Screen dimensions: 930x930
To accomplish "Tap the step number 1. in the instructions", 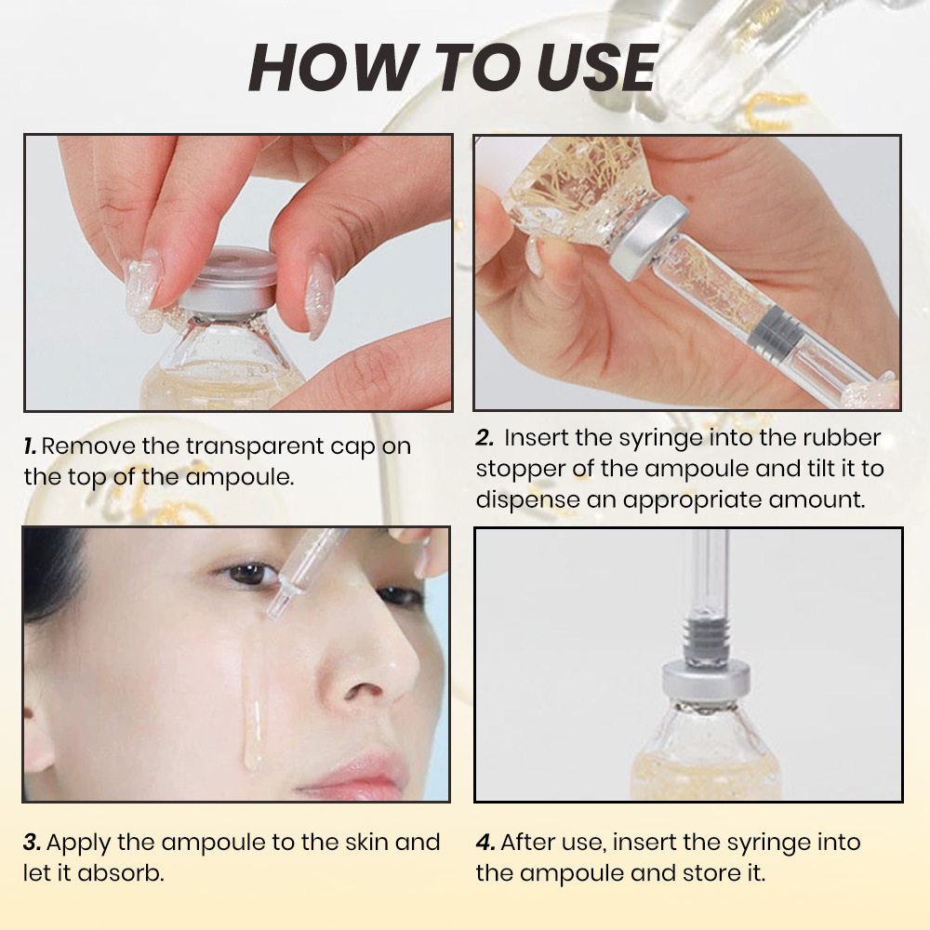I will click(x=30, y=445).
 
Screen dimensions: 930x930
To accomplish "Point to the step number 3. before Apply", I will click(x=32, y=843).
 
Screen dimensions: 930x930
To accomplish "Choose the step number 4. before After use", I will click(x=485, y=843).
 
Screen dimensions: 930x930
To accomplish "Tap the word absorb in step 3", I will click(x=125, y=873).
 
